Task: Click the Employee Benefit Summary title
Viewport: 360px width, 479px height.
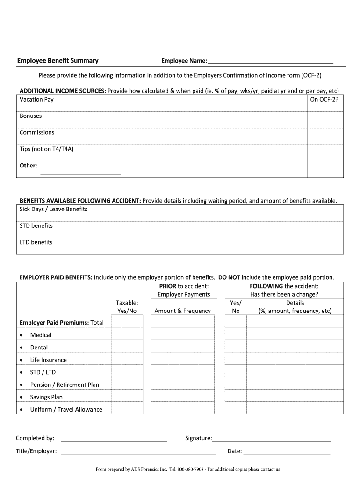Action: (58, 61)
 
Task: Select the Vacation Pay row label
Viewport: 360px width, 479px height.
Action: (36, 99)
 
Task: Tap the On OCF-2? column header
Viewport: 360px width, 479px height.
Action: (324, 99)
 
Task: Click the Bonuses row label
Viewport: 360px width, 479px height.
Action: (30, 116)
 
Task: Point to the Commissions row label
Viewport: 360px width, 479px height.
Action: (37, 132)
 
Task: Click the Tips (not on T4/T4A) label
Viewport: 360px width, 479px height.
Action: (47, 149)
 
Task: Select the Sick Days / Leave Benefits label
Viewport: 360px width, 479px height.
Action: (53, 209)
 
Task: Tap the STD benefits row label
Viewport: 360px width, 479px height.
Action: (36, 225)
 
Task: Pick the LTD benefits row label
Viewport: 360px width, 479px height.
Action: (36, 242)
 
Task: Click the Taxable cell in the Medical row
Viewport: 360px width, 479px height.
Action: (127, 335)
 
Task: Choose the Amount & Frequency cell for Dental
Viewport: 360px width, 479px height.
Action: (182, 348)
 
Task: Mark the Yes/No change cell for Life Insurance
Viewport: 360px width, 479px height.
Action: (236, 360)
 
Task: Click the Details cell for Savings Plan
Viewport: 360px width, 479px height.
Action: (295, 397)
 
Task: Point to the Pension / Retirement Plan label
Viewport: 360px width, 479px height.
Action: (65, 385)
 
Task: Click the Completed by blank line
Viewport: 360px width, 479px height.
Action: (114, 439)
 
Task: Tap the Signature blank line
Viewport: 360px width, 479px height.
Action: (272, 439)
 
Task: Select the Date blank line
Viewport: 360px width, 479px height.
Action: (287, 452)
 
